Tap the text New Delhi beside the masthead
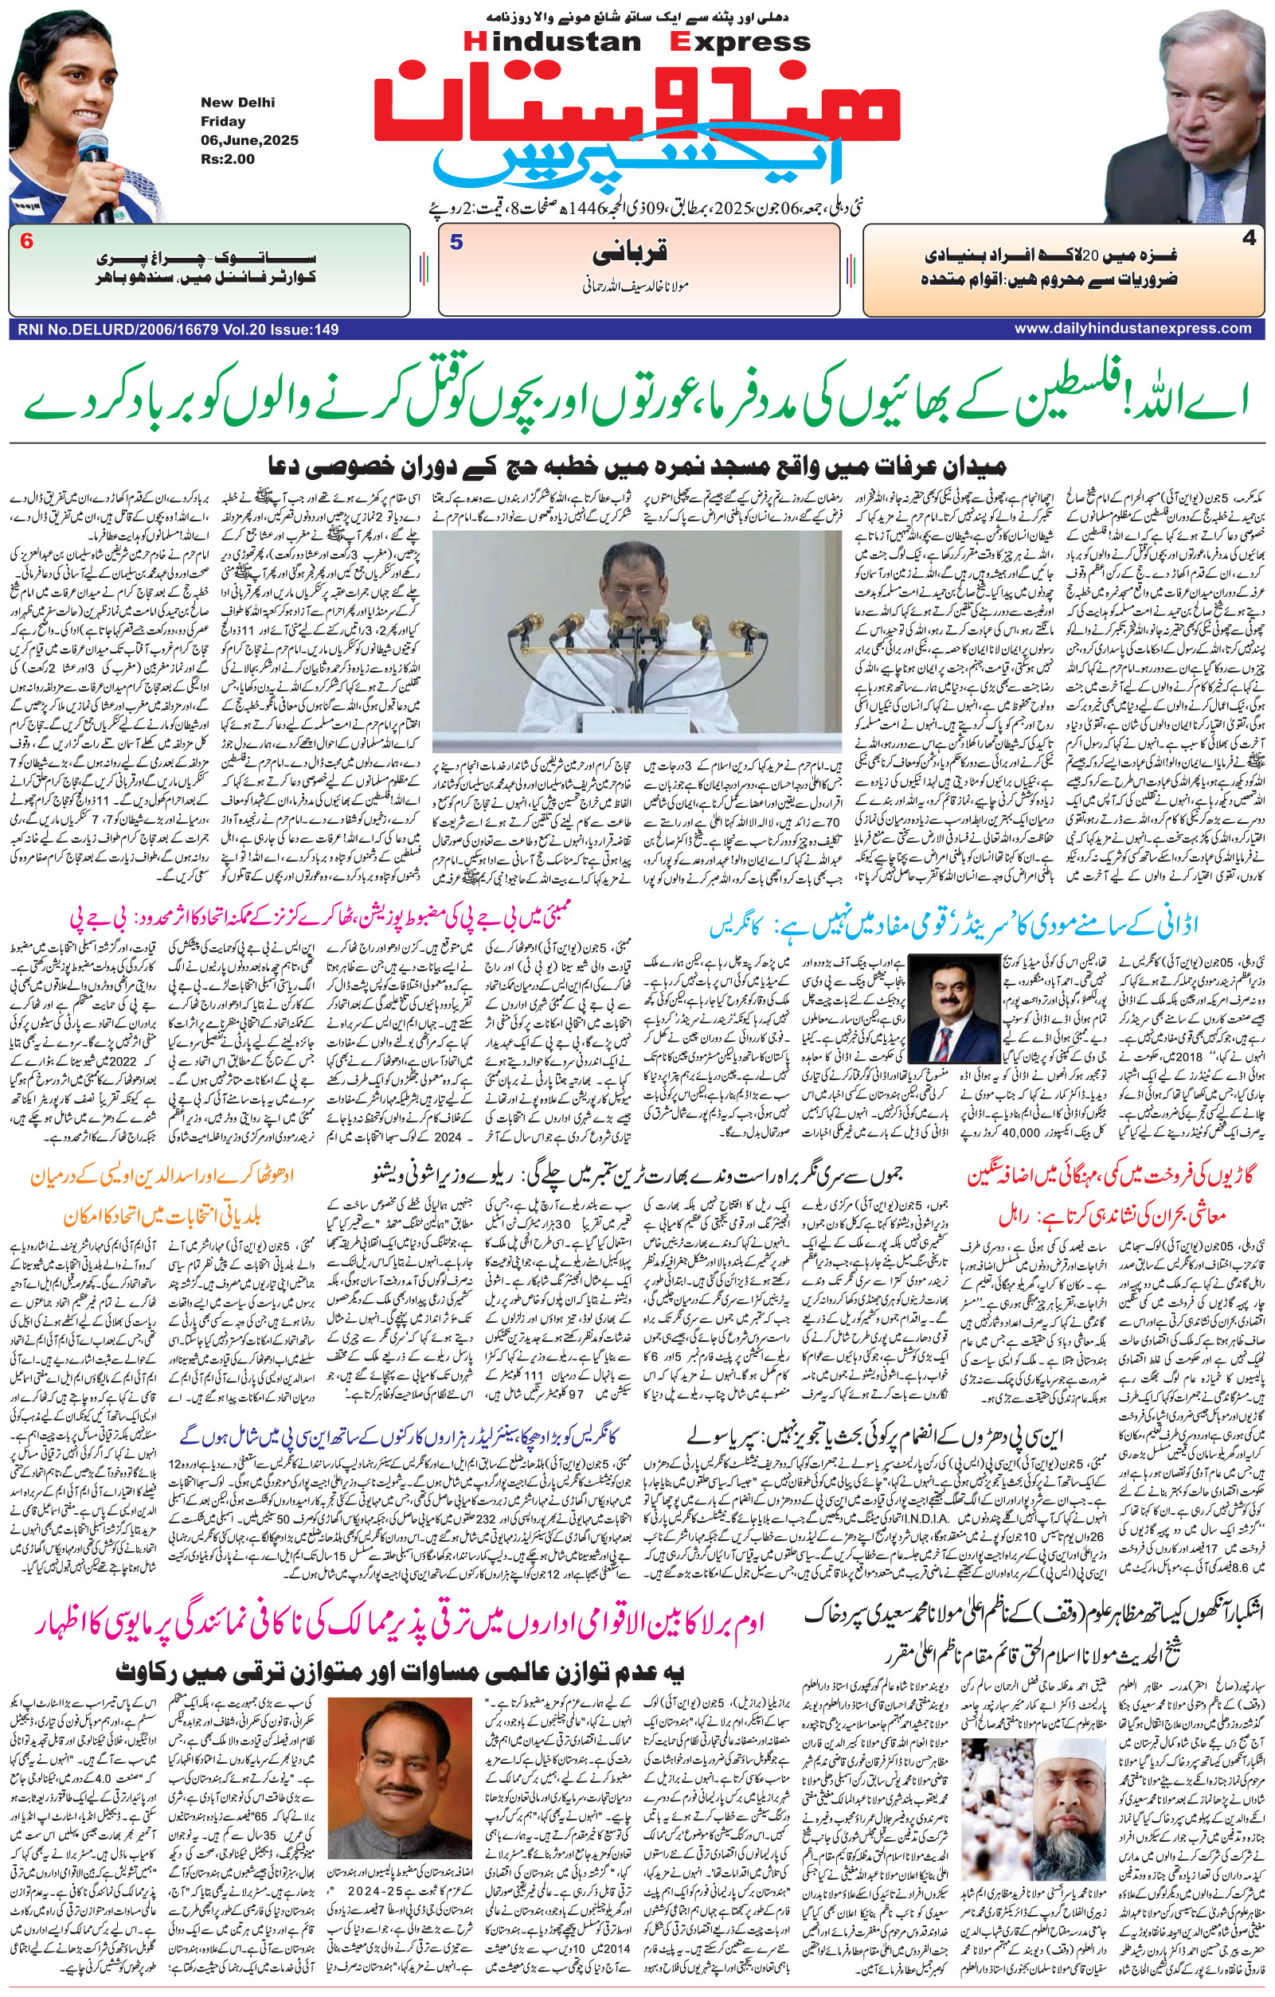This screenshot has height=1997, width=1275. (237, 103)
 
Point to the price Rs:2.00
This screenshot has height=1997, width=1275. (227, 159)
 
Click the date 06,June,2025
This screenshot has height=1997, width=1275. (248, 140)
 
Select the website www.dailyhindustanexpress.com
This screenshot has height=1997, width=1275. (1132, 329)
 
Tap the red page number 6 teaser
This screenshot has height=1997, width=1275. (26, 243)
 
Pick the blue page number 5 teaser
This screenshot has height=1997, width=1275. (456, 243)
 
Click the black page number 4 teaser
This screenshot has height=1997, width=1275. (1250, 238)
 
